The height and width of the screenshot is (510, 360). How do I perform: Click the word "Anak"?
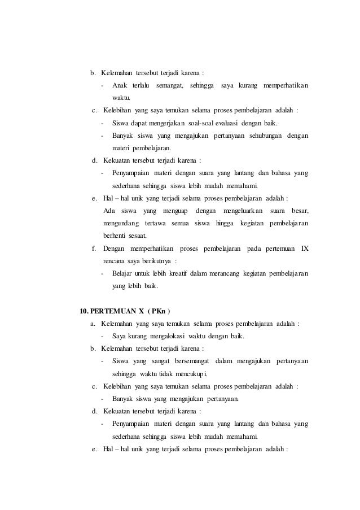coord(120,85)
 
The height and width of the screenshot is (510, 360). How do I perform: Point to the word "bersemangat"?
coord(185,361)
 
